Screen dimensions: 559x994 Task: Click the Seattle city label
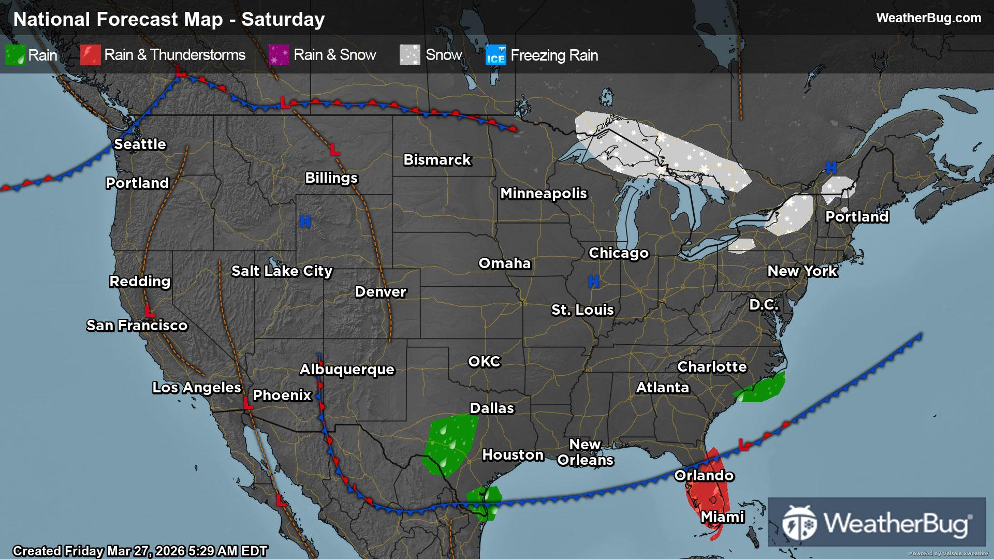(140, 144)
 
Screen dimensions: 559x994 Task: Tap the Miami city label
(722, 517)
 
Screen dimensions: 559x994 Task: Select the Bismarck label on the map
(437, 159)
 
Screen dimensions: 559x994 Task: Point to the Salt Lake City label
(282, 271)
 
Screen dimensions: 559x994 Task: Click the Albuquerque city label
(347, 369)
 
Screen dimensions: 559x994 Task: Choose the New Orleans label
(585, 452)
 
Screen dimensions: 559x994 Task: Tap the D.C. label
(764, 304)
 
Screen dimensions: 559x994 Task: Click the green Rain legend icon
(15, 55)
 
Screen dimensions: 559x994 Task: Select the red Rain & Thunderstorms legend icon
(90, 55)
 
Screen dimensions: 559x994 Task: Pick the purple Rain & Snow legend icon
(279, 55)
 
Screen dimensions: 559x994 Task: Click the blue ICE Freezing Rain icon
(495, 55)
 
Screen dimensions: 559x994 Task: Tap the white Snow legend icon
(410, 55)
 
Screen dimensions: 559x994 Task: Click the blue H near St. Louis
(593, 282)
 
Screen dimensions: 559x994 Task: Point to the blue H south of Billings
(305, 222)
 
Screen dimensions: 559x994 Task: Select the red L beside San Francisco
(149, 311)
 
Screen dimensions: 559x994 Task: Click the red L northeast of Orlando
(744, 445)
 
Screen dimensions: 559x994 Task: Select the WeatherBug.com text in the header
(928, 18)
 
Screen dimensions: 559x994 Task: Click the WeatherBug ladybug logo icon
(800, 522)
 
